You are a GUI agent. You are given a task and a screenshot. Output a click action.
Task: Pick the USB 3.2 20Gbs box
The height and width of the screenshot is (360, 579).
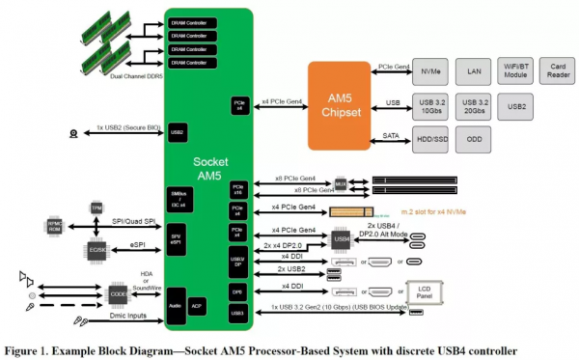474,105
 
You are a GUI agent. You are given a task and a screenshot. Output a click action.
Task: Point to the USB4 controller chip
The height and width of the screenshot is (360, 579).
342,236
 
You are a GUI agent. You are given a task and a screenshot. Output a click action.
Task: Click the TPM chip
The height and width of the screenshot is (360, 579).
96,208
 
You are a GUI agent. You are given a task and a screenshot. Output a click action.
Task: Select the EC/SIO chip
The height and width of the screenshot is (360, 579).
96,248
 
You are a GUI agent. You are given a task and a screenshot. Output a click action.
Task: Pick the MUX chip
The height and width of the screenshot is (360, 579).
342,182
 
